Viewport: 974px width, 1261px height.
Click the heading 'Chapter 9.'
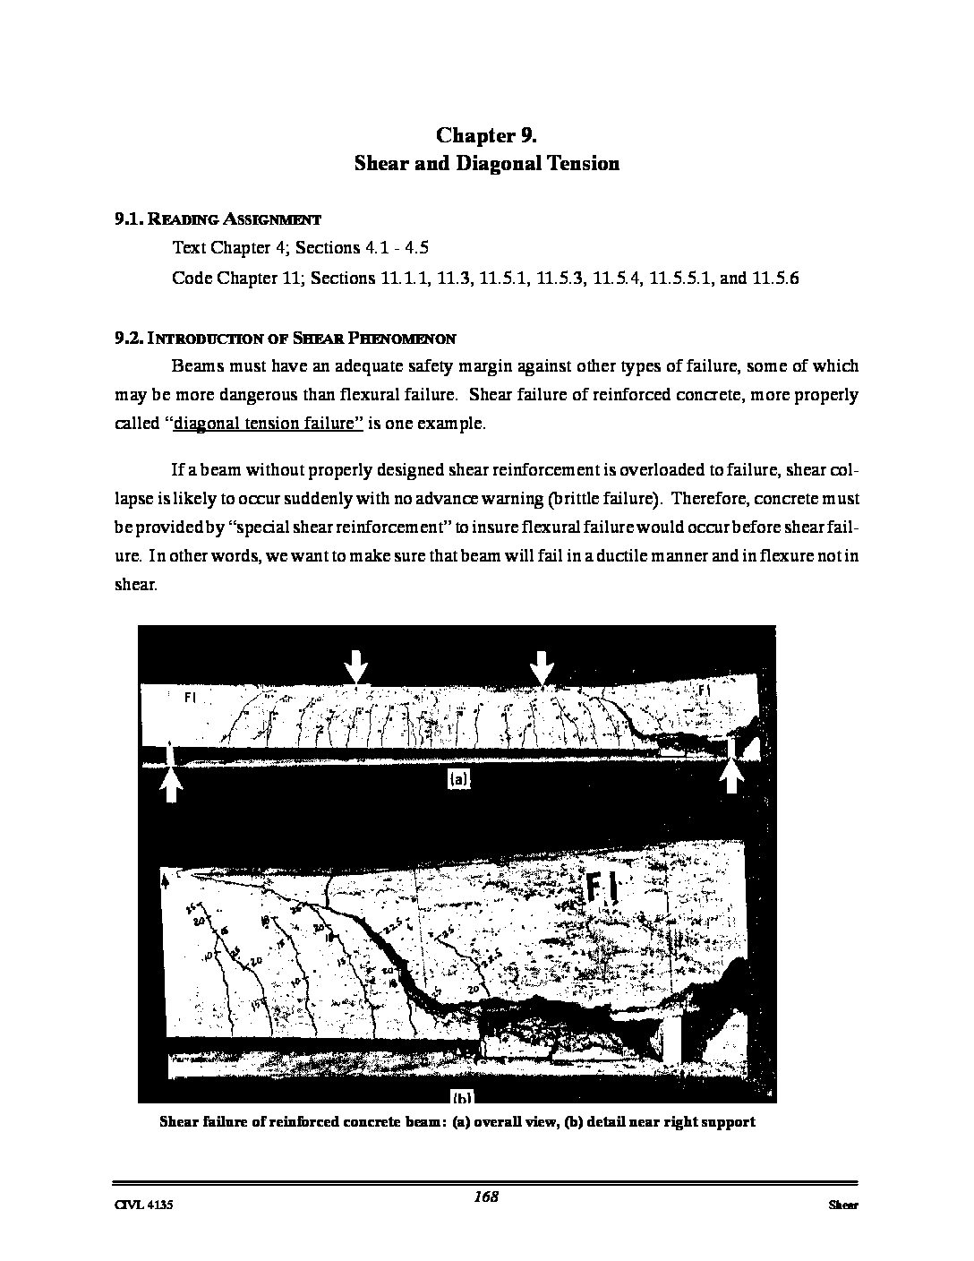click(486, 135)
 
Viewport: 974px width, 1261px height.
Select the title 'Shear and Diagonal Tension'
click(486, 164)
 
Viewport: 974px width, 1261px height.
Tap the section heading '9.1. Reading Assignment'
click(218, 219)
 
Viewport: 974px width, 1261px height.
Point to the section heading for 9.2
click(285, 339)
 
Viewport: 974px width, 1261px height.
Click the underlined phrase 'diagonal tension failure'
click(268, 424)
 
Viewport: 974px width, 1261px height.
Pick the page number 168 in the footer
click(486, 1197)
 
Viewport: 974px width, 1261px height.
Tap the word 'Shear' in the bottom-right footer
click(842, 1205)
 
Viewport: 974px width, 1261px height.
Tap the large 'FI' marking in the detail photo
click(600, 887)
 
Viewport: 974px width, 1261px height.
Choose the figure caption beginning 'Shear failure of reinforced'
click(457, 1121)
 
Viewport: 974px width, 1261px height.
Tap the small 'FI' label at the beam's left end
click(190, 699)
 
